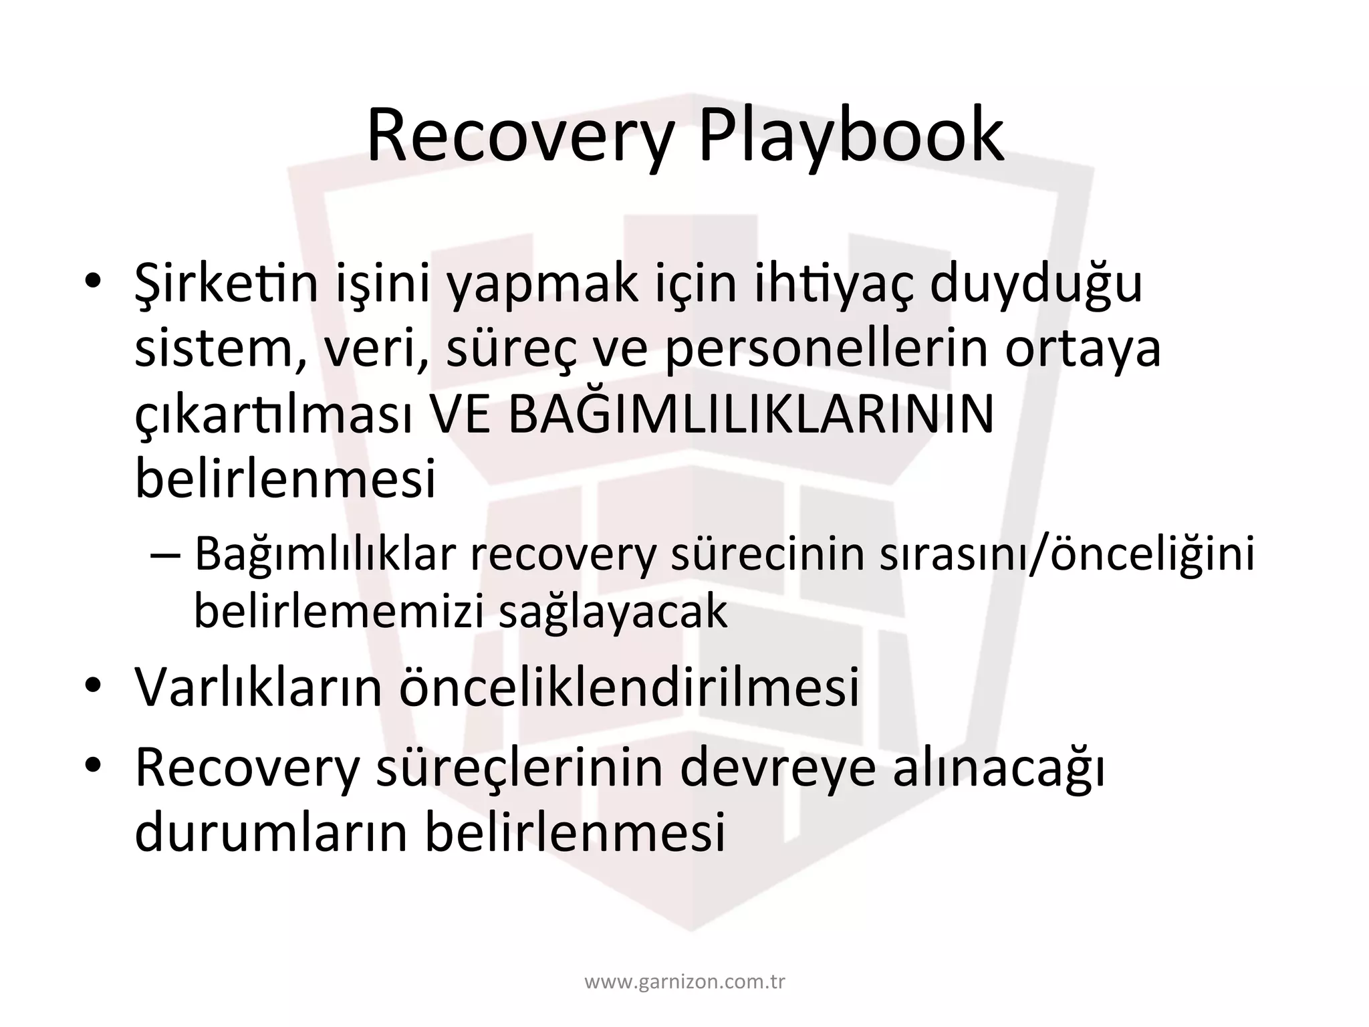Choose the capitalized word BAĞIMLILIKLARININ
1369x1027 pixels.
pos(751,413)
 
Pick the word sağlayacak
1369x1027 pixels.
pos(613,612)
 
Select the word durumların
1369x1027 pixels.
pos(271,832)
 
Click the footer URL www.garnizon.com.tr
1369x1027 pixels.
pos(684,982)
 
